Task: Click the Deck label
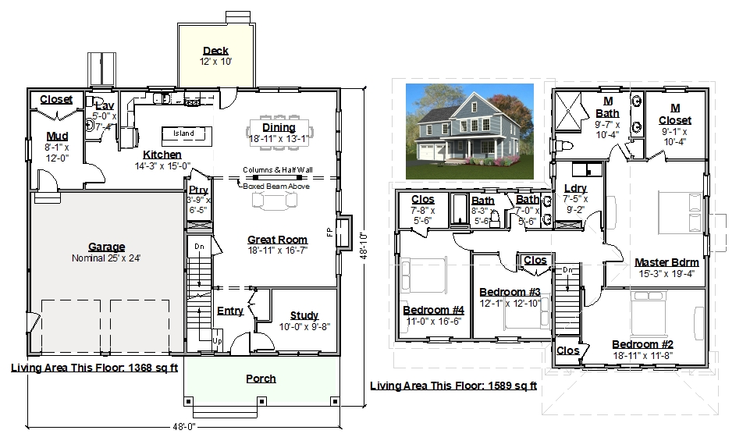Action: click(215, 51)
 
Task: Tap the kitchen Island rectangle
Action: click(187, 136)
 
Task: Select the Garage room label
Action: click(107, 247)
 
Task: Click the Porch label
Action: click(261, 379)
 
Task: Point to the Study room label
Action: click(304, 315)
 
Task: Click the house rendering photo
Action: click(470, 131)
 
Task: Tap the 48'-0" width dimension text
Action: click(184, 427)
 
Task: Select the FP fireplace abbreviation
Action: click(329, 233)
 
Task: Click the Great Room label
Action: click(277, 240)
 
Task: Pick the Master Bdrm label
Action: click(666, 262)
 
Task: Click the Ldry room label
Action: click(575, 188)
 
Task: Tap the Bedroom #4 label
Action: click(433, 311)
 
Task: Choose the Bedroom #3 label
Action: click(510, 292)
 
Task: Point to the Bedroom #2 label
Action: click(643, 345)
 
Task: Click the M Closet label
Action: click(675, 114)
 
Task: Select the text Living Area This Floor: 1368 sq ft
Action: click(94, 368)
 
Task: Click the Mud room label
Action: click(57, 137)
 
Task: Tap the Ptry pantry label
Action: click(198, 190)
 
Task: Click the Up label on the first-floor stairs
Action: click(217, 341)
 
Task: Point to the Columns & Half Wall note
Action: click(278, 169)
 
